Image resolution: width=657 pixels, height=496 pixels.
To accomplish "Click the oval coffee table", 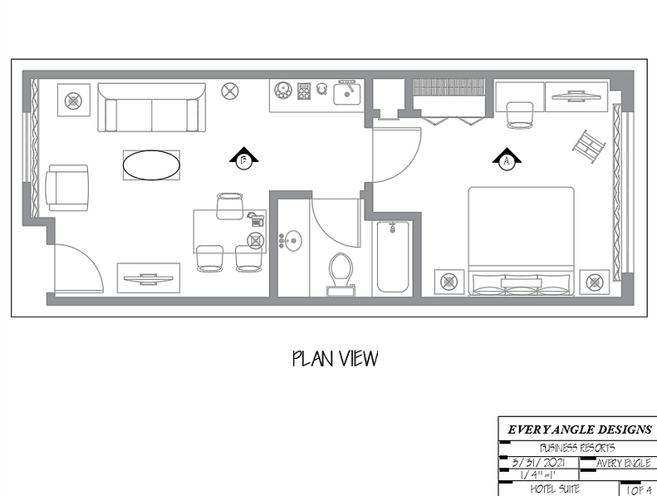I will [x=151, y=165].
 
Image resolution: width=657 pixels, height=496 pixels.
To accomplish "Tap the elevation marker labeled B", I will [x=244, y=160].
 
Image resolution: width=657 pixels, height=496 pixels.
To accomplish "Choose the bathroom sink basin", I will [x=292, y=241].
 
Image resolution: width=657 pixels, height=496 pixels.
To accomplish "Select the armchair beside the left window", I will [x=67, y=188].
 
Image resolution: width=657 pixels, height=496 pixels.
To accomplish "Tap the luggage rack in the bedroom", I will [x=588, y=145].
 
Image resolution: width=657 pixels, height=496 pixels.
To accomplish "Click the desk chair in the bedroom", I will [x=520, y=115].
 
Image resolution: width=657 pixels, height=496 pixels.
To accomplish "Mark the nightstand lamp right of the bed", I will [x=594, y=282].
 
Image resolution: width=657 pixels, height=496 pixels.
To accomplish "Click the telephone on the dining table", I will [x=256, y=219].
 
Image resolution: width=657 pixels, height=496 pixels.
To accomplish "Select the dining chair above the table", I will [x=230, y=204].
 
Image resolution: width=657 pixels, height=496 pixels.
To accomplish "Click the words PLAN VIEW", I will [x=335, y=358].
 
